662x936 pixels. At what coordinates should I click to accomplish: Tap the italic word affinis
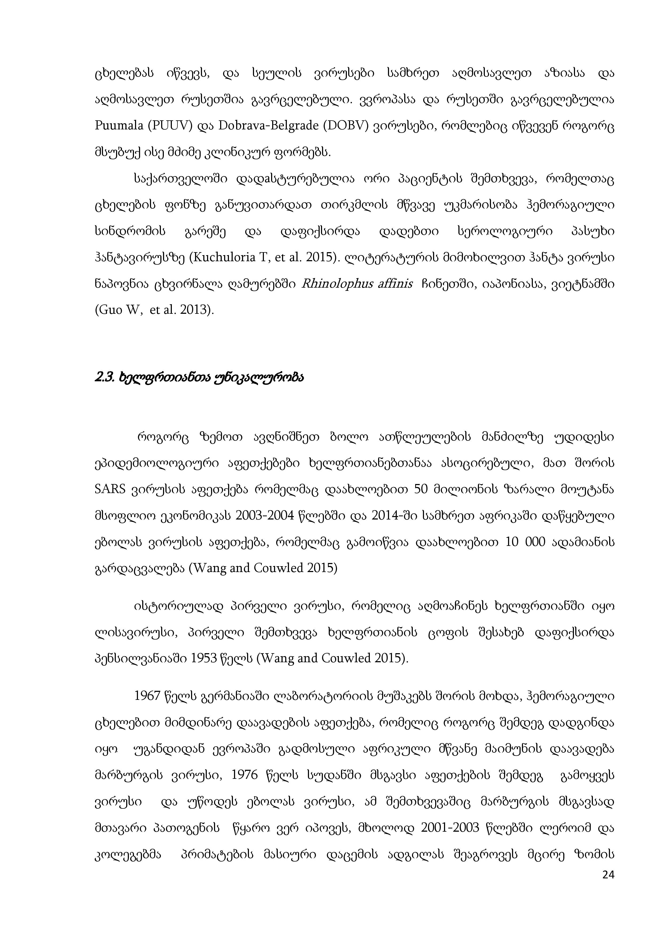[x=395, y=284]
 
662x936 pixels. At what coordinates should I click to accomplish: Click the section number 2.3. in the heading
[x=104, y=378]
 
